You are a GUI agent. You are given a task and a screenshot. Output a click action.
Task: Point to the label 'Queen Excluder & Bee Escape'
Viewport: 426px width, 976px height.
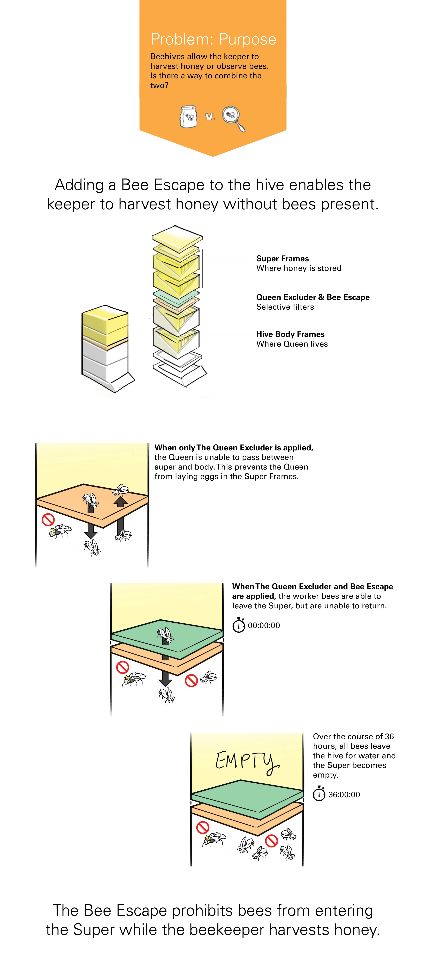tap(313, 297)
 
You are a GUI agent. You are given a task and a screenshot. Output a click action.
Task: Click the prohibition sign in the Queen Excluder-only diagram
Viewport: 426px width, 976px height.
tap(48, 519)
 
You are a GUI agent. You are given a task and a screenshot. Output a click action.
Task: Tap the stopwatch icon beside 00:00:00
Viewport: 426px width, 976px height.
tap(239, 625)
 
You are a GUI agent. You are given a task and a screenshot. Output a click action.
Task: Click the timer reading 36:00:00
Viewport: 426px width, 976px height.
tap(344, 795)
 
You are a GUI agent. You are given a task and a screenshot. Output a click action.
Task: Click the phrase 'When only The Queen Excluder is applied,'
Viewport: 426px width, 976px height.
tap(234, 447)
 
